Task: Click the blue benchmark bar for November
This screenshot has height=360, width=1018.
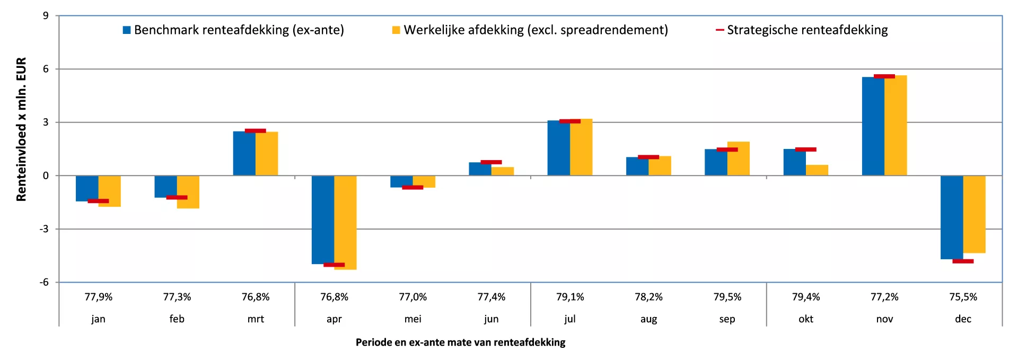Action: click(873, 126)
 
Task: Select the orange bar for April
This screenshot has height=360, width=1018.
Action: click(345, 223)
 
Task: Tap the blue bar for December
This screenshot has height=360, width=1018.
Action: click(952, 217)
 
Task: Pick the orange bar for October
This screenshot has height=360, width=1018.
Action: click(817, 170)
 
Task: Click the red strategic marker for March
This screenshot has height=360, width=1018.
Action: click(256, 130)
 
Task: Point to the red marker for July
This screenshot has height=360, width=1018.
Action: click(570, 121)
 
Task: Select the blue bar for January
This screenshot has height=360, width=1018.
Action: click(87, 188)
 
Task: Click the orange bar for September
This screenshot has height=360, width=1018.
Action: click(739, 159)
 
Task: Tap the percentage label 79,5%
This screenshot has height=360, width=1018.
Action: click(727, 297)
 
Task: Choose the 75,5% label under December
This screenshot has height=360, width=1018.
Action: click(963, 297)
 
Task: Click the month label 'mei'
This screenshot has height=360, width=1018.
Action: click(413, 319)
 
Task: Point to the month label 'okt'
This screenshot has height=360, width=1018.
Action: click(806, 319)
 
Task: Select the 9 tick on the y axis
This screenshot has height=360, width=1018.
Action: click(46, 16)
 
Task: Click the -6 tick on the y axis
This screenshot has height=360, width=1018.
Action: click(44, 282)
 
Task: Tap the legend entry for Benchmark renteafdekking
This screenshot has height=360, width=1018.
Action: click(233, 30)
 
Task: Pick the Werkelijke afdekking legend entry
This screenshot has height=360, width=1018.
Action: click(530, 30)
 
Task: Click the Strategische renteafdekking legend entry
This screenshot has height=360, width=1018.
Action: click(802, 30)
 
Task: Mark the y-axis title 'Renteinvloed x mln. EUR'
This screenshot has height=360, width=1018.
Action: click(21, 129)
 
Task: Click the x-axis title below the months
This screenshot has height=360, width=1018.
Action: click(460, 342)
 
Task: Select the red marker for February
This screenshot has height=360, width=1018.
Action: click(177, 197)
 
